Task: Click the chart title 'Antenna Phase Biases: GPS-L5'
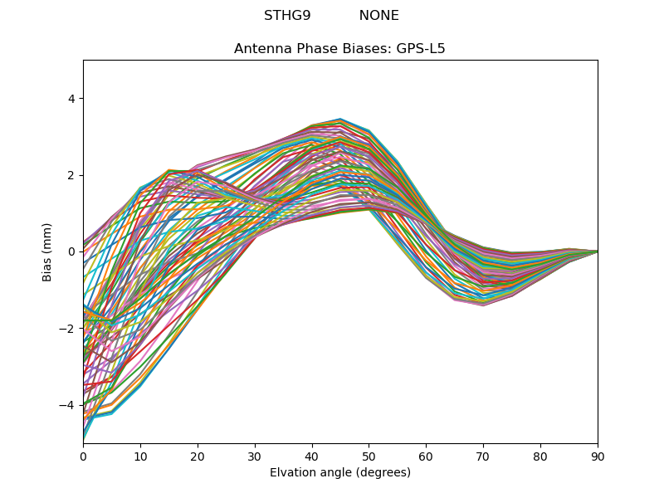coord(339,49)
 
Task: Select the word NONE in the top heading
coord(378,16)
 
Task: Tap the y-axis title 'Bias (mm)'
coord(47,251)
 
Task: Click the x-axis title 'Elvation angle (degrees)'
coord(339,473)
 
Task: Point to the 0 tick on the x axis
coord(83,456)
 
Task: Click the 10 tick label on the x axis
coord(140,456)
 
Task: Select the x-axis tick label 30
coord(255,456)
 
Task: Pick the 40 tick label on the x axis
coord(312,456)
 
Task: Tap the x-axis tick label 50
coord(369,456)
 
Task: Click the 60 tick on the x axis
coord(426,456)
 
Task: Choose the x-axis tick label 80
coord(540,456)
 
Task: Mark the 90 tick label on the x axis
coord(598,456)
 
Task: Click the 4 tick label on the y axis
coord(71,99)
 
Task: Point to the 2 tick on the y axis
coord(71,175)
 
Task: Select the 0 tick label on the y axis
coord(71,251)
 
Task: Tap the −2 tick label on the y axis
coord(67,329)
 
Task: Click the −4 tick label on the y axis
coord(67,405)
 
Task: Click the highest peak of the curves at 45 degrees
coord(340,120)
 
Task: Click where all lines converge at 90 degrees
coord(597,251)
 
